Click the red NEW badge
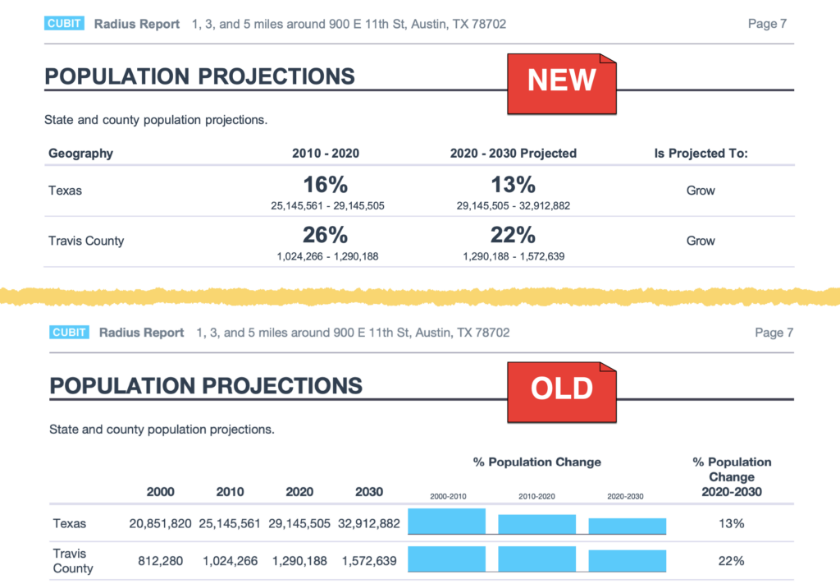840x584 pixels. coord(562,81)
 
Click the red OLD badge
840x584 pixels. coord(562,389)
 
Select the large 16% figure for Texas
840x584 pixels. coord(326,185)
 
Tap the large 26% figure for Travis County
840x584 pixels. coord(326,235)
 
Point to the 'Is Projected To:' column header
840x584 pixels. coord(701,154)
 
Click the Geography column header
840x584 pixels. coord(80,154)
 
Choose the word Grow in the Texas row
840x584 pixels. coord(701,191)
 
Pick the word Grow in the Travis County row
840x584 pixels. coord(701,241)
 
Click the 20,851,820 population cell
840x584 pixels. coord(160,523)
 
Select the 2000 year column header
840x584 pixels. coord(160,492)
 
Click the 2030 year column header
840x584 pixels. coord(368,492)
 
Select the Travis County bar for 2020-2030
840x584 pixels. coord(628,561)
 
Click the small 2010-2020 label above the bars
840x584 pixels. coord(537,496)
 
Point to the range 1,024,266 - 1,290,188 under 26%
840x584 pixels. coord(326,256)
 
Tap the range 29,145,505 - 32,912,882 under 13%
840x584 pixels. coord(513,206)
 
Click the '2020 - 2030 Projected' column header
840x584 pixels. coord(513,154)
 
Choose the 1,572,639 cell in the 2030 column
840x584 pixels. coord(368,561)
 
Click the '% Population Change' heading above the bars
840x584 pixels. coord(536,462)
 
